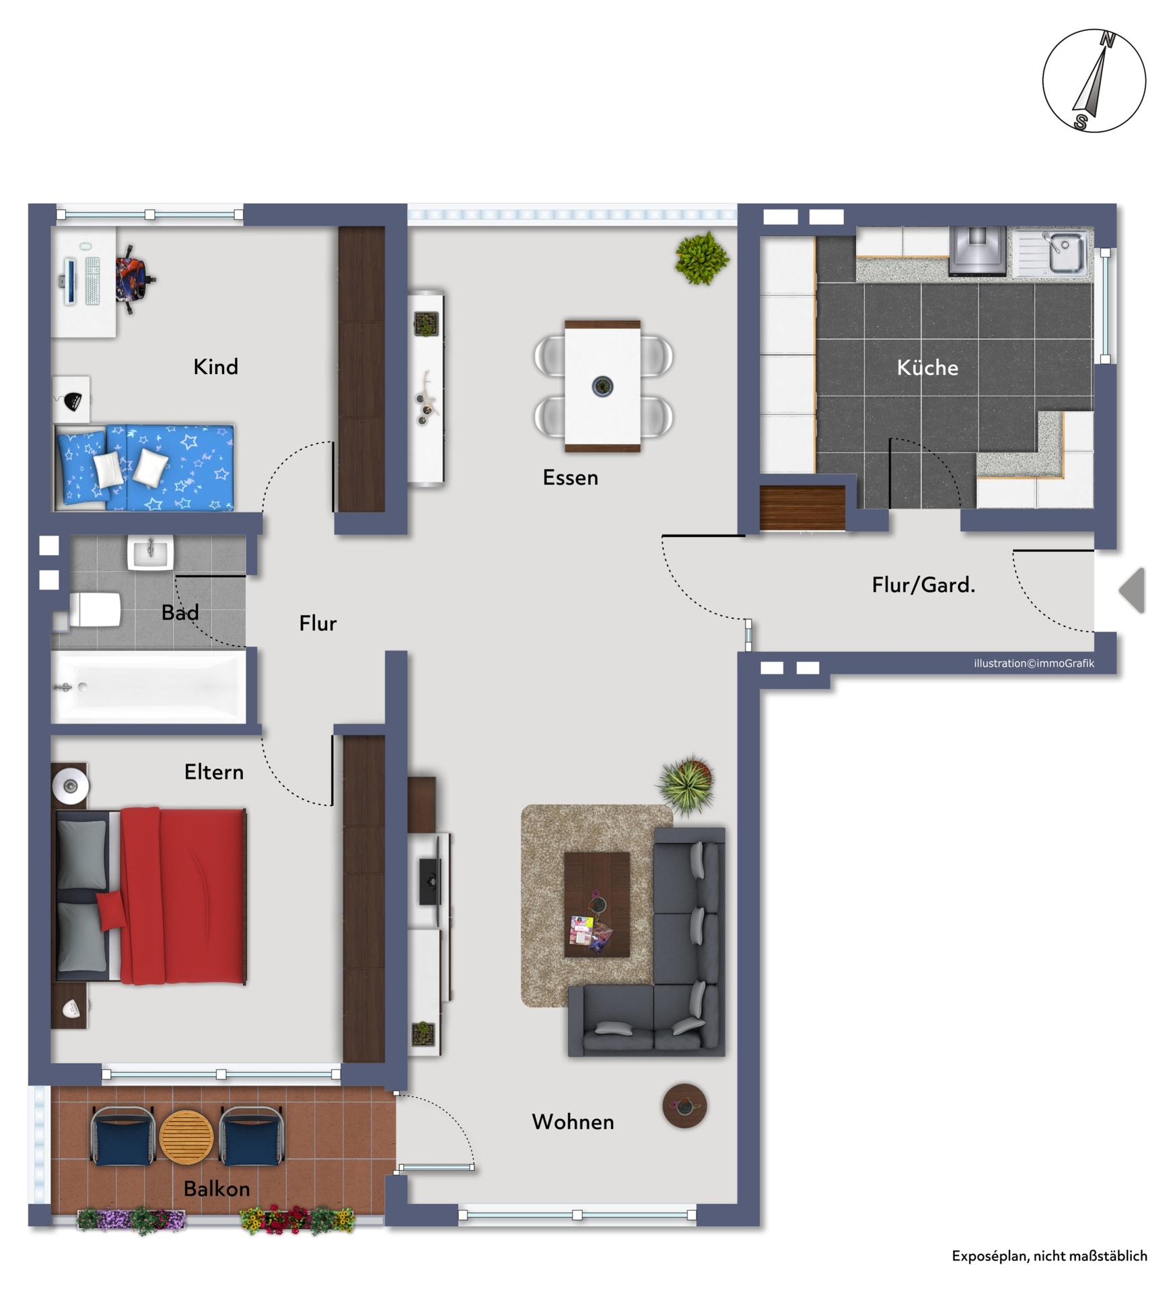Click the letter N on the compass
point(1106,40)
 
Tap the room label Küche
point(927,367)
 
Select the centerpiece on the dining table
point(602,386)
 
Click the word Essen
point(570,478)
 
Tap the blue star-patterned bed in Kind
point(144,467)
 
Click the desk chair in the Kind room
point(135,279)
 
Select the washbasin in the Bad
point(150,552)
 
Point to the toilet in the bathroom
point(95,610)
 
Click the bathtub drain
point(83,687)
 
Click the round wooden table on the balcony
point(186,1137)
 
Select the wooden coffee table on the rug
point(596,904)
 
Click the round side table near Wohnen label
point(684,1105)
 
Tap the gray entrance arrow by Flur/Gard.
point(1133,590)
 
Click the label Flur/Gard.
point(923,585)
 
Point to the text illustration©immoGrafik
point(1033,663)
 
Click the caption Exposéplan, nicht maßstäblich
point(1048,1256)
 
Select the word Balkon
point(217,1189)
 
